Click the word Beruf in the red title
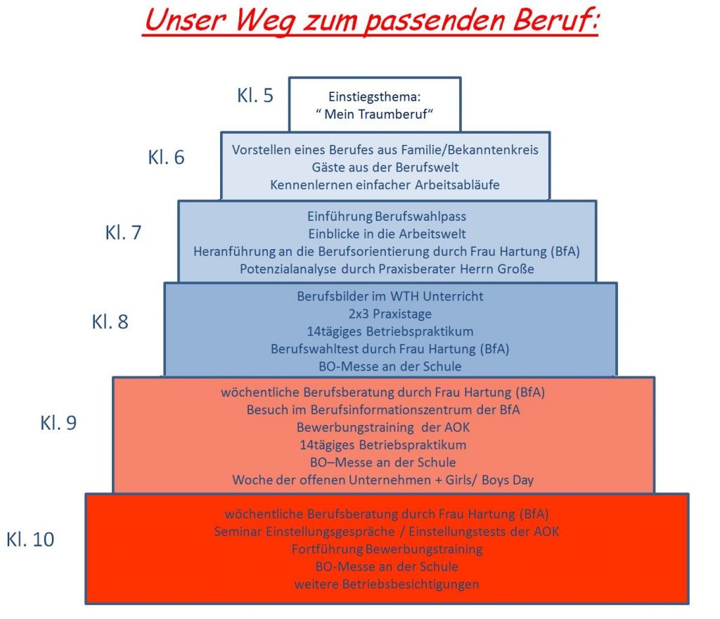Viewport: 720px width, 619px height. tap(550, 22)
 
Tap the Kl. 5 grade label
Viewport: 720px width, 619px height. tap(255, 96)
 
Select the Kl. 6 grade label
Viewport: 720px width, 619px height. tap(166, 157)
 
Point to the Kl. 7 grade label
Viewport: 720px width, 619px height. tap(124, 232)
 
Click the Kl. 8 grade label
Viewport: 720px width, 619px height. tap(110, 322)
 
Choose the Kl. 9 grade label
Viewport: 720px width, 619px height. tap(58, 423)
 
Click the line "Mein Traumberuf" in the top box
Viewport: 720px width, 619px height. tap(374, 115)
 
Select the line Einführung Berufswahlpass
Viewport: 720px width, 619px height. tap(387, 217)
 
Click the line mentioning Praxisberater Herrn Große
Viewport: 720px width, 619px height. tap(387, 268)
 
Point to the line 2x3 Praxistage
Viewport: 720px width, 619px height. tap(390, 314)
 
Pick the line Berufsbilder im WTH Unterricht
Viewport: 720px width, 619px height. tap(390, 296)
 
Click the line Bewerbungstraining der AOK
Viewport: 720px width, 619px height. tap(384, 428)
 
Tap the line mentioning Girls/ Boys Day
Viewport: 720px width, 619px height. tap(384, 480)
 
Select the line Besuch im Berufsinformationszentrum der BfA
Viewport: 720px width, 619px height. tap(384, 410)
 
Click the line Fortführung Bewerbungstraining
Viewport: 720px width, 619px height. tap(387, 549)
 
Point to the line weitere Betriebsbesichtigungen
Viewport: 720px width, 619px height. tap(387, 584)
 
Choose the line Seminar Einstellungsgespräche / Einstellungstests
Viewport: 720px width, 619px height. tap(387, 531)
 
